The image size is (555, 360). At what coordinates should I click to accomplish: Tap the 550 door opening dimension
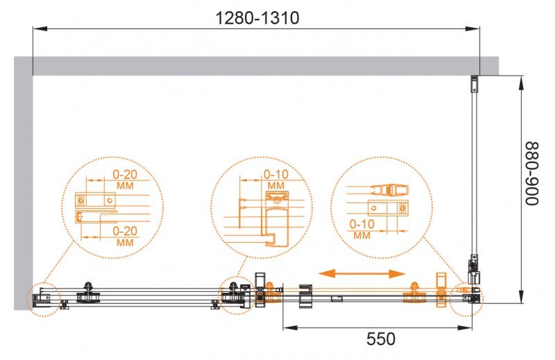click(381, 338)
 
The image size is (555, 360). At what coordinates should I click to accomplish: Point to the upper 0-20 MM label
click(126, 180)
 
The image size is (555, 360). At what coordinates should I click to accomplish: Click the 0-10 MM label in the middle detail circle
click(275, 180)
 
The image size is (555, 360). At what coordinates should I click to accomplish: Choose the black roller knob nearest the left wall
click(88, 289)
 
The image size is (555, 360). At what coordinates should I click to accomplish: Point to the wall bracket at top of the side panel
click(475, 84)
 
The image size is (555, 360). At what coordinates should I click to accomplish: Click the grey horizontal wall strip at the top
click(264, 66)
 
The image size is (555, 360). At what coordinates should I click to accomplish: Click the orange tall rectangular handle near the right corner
click(441, 289)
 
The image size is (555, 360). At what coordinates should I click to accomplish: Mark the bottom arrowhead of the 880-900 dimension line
click(522, 298)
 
